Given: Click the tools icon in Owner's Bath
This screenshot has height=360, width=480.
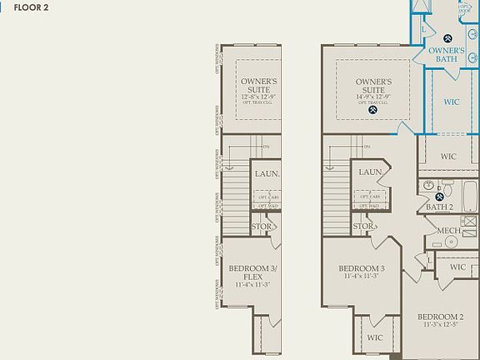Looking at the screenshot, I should (x=447, y=37).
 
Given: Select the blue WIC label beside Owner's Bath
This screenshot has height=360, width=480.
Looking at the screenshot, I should (x=451, y=102).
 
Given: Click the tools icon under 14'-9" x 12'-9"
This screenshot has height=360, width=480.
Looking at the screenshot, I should (x=373, y=108).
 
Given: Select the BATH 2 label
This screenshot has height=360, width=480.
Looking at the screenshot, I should (x=439, y=207).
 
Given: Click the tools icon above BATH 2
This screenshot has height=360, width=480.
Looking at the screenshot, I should (x=439, y=196).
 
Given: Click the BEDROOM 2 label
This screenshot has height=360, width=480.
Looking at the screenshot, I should (x=440, y=317).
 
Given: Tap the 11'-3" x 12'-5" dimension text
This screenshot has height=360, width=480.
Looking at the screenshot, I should (x=440, y=325).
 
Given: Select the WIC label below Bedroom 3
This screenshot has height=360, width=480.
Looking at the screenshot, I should (x=374, y=337).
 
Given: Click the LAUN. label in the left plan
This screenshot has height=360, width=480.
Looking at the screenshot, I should (x=267, y=174).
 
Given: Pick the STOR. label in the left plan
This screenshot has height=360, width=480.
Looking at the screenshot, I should (x=262, y=226).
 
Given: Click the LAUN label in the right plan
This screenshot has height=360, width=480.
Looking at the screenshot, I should (x=370, y=172).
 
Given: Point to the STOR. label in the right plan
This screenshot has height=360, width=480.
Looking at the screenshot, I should (x=362, y=226).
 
